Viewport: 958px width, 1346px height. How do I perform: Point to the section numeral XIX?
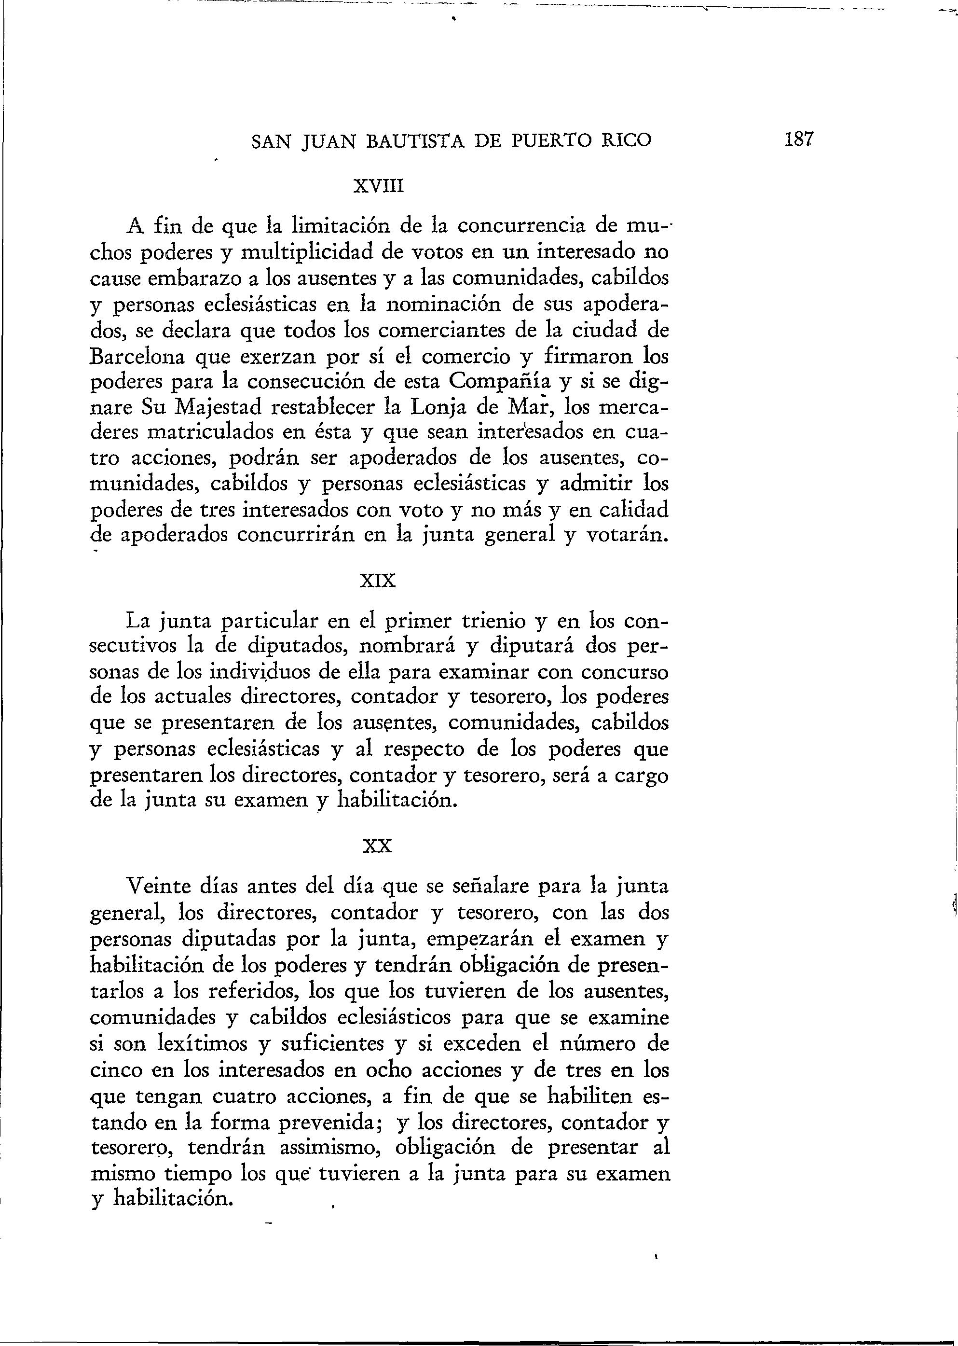378,581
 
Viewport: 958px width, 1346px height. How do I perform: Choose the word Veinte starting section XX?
164,887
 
